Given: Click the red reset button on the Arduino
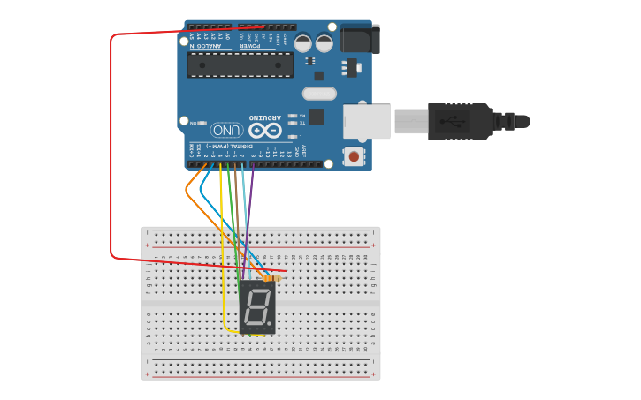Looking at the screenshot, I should click(x=355, y=157).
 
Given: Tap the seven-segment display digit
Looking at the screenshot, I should click(x=257, y=308).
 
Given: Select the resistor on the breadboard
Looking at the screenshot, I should click(x=271, y=278).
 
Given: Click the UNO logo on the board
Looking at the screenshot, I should click(x=226, y=130).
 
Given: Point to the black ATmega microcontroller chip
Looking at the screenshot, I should click(x=240, y=64).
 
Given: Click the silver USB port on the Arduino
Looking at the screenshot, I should click(x=367, y=121).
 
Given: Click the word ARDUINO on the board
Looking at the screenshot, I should click(x=265, y=117).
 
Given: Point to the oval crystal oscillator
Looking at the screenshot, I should click(x=319, y=94).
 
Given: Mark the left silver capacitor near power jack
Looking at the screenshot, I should click(x=303, y=42).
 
